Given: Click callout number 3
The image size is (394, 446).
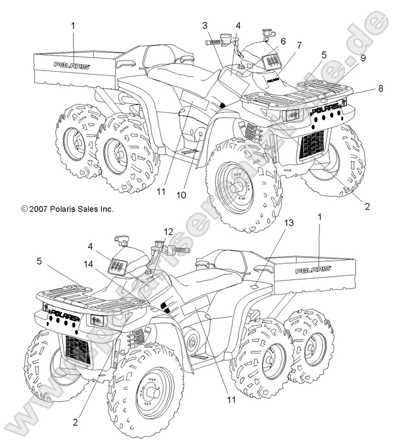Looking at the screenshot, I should (205, 25).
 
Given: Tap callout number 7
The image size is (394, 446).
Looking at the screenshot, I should (299, 45).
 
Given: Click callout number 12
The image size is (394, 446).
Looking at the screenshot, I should (169, 231).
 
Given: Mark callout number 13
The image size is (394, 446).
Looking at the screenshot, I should (289, 223).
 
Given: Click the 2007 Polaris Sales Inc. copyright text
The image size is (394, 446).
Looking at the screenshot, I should (67, 209).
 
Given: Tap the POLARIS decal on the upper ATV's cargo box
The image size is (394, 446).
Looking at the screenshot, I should (72, 65).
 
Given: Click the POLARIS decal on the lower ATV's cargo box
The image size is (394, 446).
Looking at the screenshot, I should (313, 270).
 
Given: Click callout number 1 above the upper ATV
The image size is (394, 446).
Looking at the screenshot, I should (74, 25).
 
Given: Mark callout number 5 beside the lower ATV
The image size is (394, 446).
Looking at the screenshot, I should (39, 260).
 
